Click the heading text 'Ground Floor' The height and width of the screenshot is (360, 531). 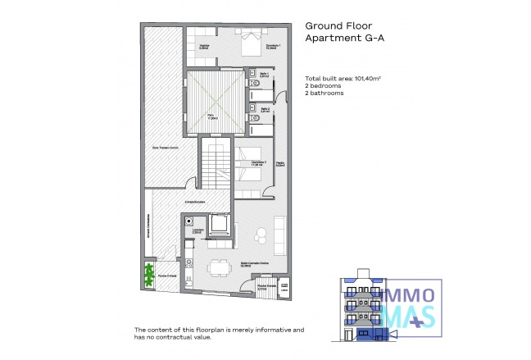[334, 25]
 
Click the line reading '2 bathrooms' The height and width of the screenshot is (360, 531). [324, 93]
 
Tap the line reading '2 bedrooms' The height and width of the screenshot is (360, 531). [323, 86]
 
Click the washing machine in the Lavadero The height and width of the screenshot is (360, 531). [189, 221]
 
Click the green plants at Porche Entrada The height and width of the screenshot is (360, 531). [149, 273]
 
